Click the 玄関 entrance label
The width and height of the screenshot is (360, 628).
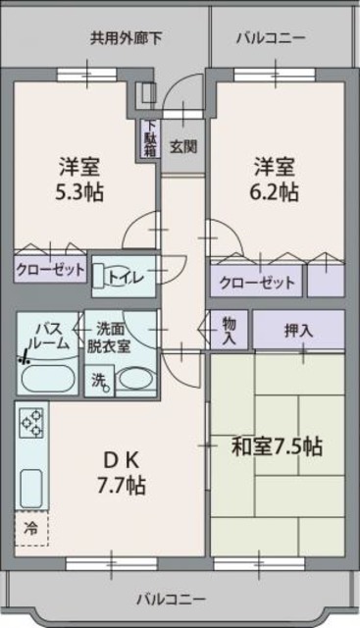click(x=183, y=146)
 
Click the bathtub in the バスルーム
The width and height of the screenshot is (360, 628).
click(x=48, y=379)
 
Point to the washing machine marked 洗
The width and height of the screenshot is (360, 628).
click(x=99, y=381)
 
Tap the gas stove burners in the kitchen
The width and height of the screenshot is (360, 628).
click(x=32, y=423)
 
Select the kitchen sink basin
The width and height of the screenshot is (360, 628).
click(x=31, y=489)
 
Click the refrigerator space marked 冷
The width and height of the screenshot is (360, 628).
click(x=31, y=529)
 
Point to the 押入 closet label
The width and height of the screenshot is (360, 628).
click(x=298, y=330)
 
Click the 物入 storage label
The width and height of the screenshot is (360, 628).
click(x=230, y=331)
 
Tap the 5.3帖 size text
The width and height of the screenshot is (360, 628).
click(x=79, y=192)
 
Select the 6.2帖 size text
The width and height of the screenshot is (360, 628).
click(x=275, y=192)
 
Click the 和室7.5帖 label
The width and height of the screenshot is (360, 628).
click(x=277, y=446)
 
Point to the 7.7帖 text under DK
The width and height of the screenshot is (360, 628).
click(x=122, y=485)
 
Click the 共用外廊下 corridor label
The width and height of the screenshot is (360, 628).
click(x=127, y=38)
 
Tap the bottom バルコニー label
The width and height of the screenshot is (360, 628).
click(x=171, y=600)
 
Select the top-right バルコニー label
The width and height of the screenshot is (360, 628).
click(x=271, y=38)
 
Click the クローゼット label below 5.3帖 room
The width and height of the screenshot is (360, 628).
click(x=50, y=270)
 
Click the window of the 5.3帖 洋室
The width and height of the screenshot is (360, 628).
click(x=87, y=75)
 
